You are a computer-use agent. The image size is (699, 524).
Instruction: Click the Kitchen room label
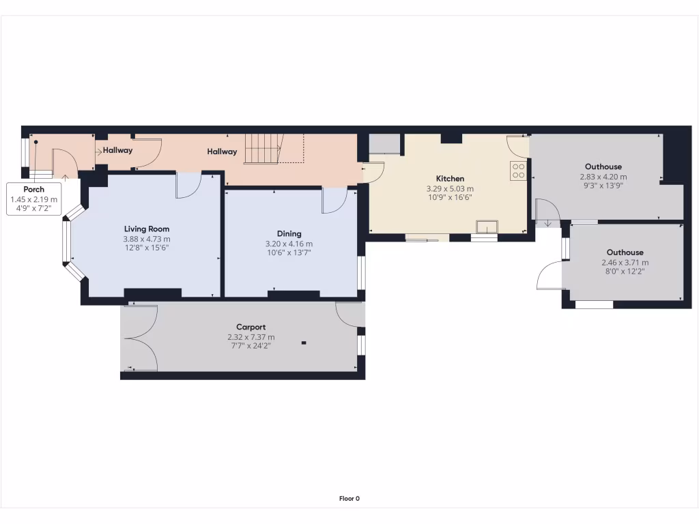pos(450,179)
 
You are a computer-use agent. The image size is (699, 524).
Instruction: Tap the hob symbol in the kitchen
pos(518,171)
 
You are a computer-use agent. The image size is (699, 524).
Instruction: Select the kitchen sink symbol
pos(487,227)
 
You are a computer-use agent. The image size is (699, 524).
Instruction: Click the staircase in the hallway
pos(263,148)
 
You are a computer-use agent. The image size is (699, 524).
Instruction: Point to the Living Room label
pos(146,229)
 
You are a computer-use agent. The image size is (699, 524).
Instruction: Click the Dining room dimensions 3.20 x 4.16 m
pos(289,244)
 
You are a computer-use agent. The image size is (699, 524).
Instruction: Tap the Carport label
pos(251,327)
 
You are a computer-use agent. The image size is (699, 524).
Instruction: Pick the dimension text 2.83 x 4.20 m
pos(603,176)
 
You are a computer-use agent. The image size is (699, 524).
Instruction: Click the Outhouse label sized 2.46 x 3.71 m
pos(625,252)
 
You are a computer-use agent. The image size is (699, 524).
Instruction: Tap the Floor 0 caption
pos(349,499)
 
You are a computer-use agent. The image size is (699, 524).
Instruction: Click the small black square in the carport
pos(304,343)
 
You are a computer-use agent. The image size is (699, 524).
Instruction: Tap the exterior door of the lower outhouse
pos(549,278)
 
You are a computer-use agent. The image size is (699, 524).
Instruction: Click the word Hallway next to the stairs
pos(222,151)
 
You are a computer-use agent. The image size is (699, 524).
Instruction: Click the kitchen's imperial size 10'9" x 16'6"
pos(450,197)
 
